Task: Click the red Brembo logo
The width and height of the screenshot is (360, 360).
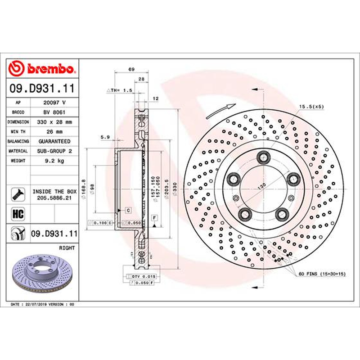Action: pos(42,68)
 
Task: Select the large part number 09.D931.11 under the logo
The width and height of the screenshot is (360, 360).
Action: pos(42,88)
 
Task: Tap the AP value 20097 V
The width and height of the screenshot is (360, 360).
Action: pos(54,103)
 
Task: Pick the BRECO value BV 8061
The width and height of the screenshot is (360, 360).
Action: pos(54,112)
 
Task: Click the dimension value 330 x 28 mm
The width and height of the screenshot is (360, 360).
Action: pos(54,122)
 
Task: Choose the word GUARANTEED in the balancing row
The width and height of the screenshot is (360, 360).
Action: pos(54,141)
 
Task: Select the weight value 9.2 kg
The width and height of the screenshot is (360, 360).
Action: pos(54,161)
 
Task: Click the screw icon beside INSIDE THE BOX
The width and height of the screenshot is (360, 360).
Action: pos(18,194)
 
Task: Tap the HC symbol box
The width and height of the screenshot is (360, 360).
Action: pos(18,214)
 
